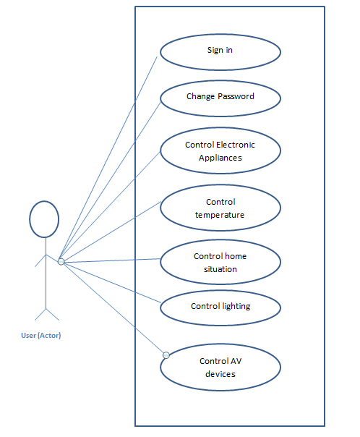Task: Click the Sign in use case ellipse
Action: pyautogui.click(x=220, y=52)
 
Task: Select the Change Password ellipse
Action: pyautogui.click(x=220, y=98)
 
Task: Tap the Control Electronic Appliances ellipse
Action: pyautogui.click(x=220, y=150)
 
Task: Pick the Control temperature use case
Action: pyautogui.click(x=220, y=208)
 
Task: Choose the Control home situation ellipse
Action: pyautogui.click(x=220, y=262)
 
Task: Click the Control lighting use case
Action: pyautogui.click(x=220, y=307)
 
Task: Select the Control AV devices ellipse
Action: pyautogui.click(x=220, y=367)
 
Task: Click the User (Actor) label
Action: pyautogui.click(x=41, y=335)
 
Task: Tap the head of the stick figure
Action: pyautogui.click(x=44, y=219)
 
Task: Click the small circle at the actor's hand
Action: pyautogui.click(x=61, y=262)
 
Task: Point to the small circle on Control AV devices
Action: pyautogui.click(x=166, y=355)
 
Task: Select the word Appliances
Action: pyautogui.click(x=220, y=158)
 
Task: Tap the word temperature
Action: pyautogui.click(x=220, y=215)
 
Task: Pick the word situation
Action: pyautogui.click(x=220, y=269)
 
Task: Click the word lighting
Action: pyautogui.click(x=236, y=306)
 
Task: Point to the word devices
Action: pyautogui.click(x=220, y=374)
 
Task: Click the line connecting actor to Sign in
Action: pyautogui.click(x=108, y=158)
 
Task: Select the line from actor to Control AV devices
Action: pyautogui.click(x=113, y=308)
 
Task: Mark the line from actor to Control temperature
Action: pyautogui.click(x=112, y=231)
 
